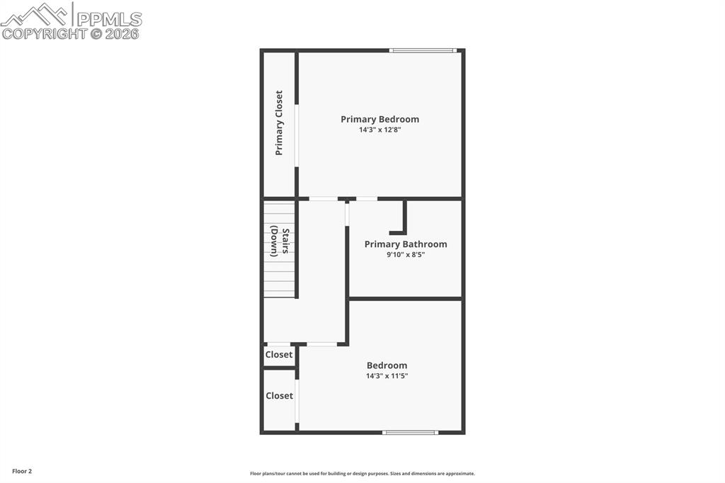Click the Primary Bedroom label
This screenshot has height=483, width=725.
[379, 119]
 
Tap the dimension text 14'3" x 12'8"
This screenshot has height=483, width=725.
[379, 130]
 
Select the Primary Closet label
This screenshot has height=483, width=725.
[279, 123]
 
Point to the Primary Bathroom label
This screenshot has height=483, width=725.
[406, 244]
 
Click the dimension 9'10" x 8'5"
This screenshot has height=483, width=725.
[406, 255]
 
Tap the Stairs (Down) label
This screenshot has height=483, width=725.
[279, 241]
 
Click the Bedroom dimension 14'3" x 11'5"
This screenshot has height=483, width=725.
[387, 376]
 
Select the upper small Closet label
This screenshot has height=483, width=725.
[279, 355]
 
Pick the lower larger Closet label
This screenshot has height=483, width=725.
[279, 396]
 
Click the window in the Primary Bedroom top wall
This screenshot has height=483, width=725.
[423, 50]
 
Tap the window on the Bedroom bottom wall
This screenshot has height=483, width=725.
[410, 432]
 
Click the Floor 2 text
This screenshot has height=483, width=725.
[22, 471]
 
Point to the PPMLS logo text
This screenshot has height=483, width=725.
[109, 18]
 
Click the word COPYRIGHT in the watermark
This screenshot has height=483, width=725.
[44, 33]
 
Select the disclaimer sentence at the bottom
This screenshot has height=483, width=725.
[362, 474]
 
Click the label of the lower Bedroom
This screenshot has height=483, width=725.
[387, 365]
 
